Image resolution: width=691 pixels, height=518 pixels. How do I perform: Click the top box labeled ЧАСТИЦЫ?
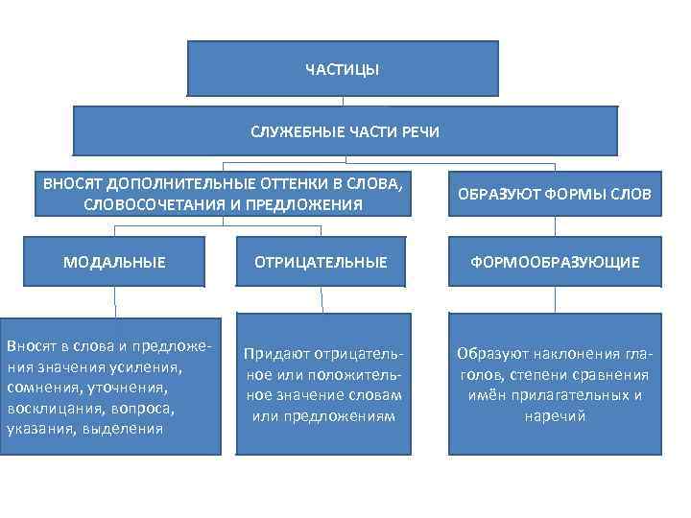click(x=342, y=69)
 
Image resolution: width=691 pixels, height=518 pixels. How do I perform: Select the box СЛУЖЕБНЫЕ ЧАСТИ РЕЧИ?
click(x=344, y=131)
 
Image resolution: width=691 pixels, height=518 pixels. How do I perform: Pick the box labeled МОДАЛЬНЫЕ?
click(x=114, y=262)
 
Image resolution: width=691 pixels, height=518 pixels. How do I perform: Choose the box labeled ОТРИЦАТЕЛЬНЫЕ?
click(x=321, y=262)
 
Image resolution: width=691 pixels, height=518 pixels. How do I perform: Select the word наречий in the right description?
click(x=553, y=415)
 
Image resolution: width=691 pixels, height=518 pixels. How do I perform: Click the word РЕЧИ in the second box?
click(x=418, y=131)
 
